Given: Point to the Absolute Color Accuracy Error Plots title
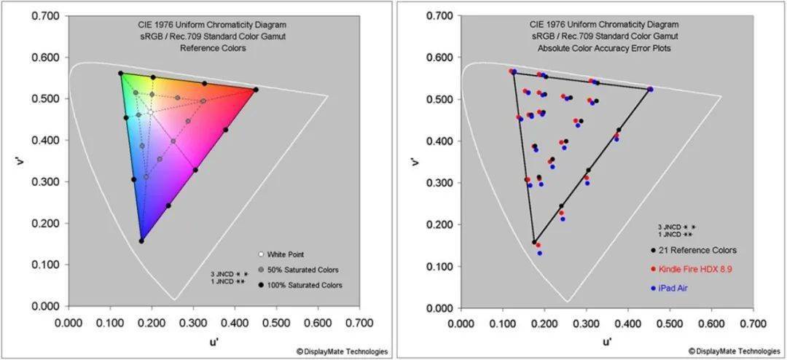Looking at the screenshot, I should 605,48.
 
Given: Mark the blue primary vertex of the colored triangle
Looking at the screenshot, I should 141,240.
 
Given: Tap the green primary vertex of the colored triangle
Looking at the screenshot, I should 121,73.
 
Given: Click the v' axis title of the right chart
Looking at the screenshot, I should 415,161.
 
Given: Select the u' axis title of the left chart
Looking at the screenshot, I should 214,339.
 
